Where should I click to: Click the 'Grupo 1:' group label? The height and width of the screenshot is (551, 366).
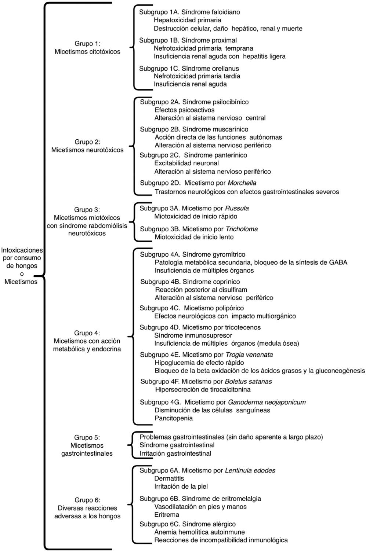point(87,44)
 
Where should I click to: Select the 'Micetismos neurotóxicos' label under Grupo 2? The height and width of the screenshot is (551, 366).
point(87,150)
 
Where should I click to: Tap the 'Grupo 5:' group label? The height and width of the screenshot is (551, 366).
point(87,437)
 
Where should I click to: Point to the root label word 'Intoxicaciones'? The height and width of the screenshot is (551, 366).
point(22,250)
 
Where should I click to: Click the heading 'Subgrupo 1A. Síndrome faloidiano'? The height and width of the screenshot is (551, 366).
point(189,12)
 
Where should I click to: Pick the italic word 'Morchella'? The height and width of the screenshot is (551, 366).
point(242,183)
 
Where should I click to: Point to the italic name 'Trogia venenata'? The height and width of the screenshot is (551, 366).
point(249,355)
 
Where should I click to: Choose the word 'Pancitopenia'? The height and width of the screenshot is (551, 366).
point(174,418)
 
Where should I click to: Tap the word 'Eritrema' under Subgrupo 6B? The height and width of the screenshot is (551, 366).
point(167,515)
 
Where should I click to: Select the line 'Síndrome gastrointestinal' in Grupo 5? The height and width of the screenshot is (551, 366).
point(177,445)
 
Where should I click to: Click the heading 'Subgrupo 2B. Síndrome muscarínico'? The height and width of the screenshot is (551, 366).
point(194,129)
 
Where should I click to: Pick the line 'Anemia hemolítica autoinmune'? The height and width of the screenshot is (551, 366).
point(199,532)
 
